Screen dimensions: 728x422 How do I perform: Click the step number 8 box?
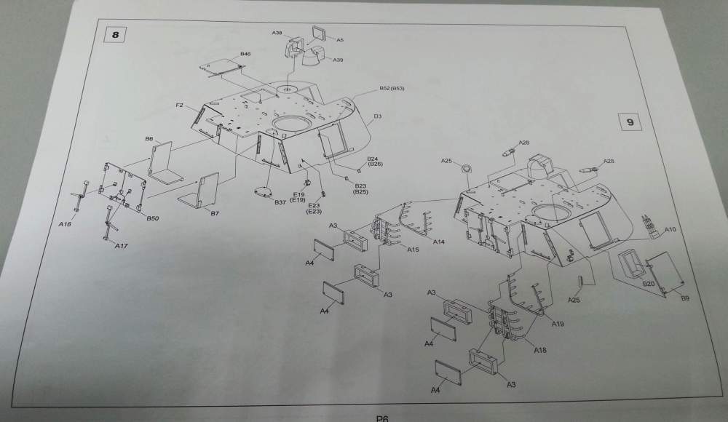114,34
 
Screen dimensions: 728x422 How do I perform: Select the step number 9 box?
630,122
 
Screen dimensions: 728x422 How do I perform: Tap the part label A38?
277,33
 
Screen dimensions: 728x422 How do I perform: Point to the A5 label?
340,40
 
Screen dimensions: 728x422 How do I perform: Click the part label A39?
338,60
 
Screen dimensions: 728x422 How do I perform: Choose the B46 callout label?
245,55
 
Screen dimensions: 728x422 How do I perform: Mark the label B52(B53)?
392,89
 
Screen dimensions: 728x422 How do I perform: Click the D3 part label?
378,116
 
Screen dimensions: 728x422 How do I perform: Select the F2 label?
179,106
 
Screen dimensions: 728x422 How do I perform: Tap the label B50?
153,218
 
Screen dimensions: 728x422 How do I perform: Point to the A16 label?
65,225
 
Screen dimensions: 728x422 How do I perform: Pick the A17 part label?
122,246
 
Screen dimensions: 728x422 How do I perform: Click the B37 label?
280,202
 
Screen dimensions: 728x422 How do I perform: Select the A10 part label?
670,230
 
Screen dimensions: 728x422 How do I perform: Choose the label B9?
685,298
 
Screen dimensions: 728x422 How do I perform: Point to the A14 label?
439,241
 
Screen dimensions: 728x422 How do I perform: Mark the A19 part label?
558,323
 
